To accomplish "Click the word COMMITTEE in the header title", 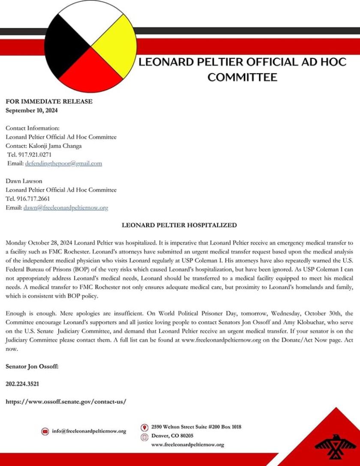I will tap(242, 77).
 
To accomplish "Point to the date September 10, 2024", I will tap(32, 110).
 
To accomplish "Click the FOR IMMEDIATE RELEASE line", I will tap(49, 102).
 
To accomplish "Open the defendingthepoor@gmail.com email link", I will tap(63, 163).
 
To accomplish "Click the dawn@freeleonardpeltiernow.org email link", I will tap(66, 207).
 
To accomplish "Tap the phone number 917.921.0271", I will tap(34, 154).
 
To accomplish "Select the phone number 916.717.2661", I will tap(33, 198).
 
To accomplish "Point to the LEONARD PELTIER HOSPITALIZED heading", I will tap(179, 225).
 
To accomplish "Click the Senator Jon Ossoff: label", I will tap(32, 366).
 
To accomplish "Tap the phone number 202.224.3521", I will tap(22, 384).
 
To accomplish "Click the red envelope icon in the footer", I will tap(45, 431).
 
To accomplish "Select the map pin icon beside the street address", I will tap(144, 427).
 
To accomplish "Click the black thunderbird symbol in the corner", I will tap(335, 445).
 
